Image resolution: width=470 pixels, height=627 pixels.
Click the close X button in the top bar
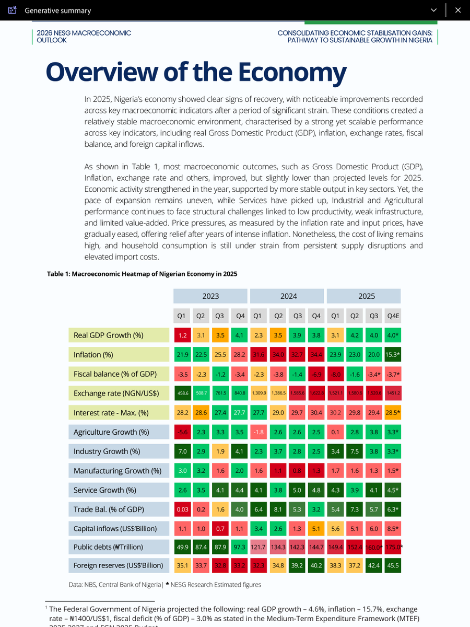458,10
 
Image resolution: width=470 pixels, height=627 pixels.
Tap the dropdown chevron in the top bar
433,10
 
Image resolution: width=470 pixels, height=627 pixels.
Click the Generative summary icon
13,10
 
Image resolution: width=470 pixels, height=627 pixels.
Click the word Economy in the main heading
292,72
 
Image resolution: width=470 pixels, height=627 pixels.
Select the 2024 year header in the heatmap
288,296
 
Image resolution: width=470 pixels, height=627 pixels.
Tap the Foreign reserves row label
119,565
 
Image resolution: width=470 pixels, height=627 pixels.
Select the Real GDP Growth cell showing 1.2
182,335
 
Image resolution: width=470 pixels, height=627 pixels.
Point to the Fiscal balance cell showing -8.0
336,374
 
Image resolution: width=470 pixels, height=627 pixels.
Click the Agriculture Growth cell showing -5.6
182,432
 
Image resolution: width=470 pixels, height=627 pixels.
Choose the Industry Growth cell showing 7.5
355,451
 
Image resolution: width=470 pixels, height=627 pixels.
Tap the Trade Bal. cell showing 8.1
278,509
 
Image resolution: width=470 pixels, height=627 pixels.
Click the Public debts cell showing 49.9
182,547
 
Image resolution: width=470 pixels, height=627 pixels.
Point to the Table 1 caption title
142,274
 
